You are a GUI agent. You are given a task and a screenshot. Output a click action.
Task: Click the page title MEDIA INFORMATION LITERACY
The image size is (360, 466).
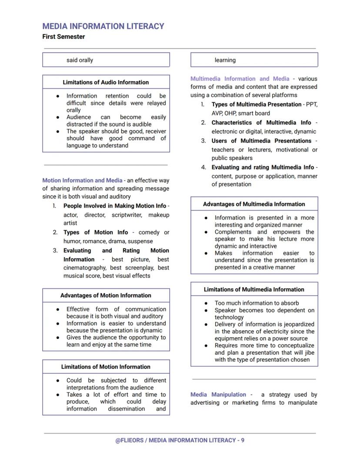pos(103,26)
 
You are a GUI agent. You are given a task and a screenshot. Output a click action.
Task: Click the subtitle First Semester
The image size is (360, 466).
pos(63,37)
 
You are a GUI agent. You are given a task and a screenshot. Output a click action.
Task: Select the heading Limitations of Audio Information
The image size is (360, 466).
pos(106,82)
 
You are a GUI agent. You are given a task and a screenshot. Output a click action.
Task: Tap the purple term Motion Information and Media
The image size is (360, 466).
pos(82,180)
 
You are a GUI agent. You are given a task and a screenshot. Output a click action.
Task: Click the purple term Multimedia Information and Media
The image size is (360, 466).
pos(240,79)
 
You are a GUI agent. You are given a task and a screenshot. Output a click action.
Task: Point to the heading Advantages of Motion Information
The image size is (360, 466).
pos(106,295)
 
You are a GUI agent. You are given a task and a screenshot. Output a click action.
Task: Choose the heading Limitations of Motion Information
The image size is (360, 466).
pos(106,367)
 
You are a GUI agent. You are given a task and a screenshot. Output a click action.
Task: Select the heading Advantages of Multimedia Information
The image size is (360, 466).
pos(254,204)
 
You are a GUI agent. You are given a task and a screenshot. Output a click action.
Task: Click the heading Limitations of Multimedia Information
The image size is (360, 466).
pos(254,289)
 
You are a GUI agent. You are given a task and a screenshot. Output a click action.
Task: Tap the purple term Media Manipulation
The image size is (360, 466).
pos(218,395)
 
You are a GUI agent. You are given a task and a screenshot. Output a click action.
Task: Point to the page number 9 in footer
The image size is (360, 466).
pos(243,440)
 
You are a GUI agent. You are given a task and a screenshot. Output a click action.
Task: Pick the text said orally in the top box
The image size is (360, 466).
pos(80,60)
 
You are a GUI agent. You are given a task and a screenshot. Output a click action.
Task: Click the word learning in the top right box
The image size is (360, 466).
pos(225,60)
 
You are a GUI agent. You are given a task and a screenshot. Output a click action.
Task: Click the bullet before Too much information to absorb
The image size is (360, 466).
pos(206,303)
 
